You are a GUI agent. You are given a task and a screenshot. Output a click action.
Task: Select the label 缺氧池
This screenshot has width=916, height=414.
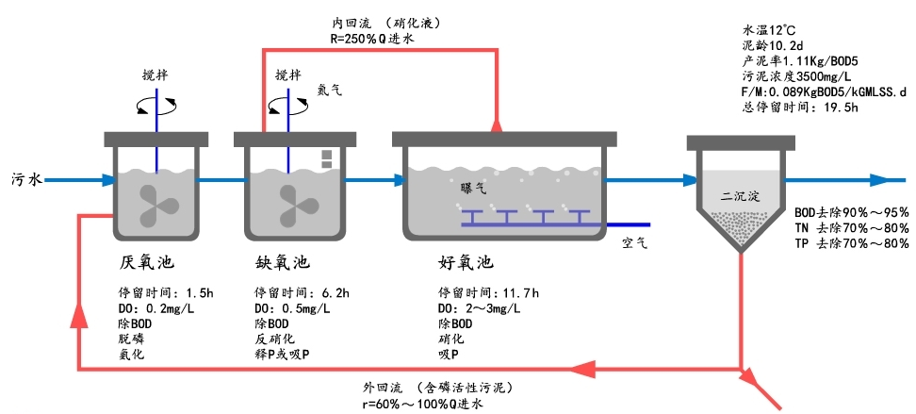(x=282, y=261)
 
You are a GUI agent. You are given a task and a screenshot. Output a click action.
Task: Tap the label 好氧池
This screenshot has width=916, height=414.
(x=466, y=261)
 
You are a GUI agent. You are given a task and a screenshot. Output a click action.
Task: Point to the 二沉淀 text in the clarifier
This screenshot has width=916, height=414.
(x=739, y=198)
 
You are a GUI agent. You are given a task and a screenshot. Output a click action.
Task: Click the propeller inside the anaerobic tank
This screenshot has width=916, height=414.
(x=155, y=200)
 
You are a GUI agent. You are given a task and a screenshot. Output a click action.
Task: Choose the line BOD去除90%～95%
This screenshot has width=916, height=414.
(x=851, y=213)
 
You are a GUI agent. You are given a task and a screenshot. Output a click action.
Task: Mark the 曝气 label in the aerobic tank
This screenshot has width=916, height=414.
(x=472, y=189)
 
